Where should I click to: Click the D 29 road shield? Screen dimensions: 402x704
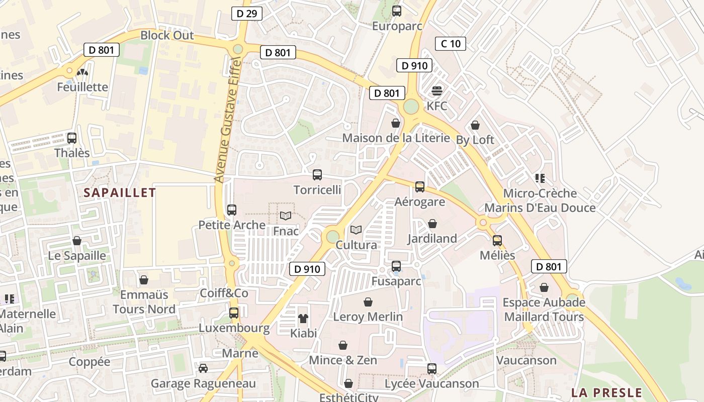[x=247, y=14]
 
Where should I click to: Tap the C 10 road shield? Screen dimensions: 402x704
[x=451, y=44]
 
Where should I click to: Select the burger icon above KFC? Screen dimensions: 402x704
[x=436, y=91]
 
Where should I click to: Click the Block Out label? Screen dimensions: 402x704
[x=167, y=35]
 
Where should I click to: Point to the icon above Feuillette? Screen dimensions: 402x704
[x=82, y=73]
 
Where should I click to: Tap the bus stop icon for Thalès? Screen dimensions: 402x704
[x=72, y=138]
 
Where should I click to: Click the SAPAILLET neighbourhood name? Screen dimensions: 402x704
[x=120, y=192]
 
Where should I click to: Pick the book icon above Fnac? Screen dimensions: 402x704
[x=286, y=216]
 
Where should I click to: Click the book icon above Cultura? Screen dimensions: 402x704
[x=356, y=230]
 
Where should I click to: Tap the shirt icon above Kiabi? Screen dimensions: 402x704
[x=303, y=318]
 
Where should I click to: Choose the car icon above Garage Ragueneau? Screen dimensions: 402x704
[x=203, y=368]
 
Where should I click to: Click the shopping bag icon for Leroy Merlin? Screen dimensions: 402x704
[x=368, y=302]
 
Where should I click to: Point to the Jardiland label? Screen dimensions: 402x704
[x=432, y=238]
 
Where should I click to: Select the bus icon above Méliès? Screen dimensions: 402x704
[x=497, y=240]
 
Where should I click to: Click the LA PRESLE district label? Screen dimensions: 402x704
[x=607, y=392]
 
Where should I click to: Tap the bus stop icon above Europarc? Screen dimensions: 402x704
[x=397, y=11]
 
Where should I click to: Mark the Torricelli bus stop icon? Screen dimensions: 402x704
[x=317, y=175]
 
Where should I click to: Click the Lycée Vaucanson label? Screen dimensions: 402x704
[x=431, y=384]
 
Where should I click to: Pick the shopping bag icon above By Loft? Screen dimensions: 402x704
[x=475, y=125]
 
